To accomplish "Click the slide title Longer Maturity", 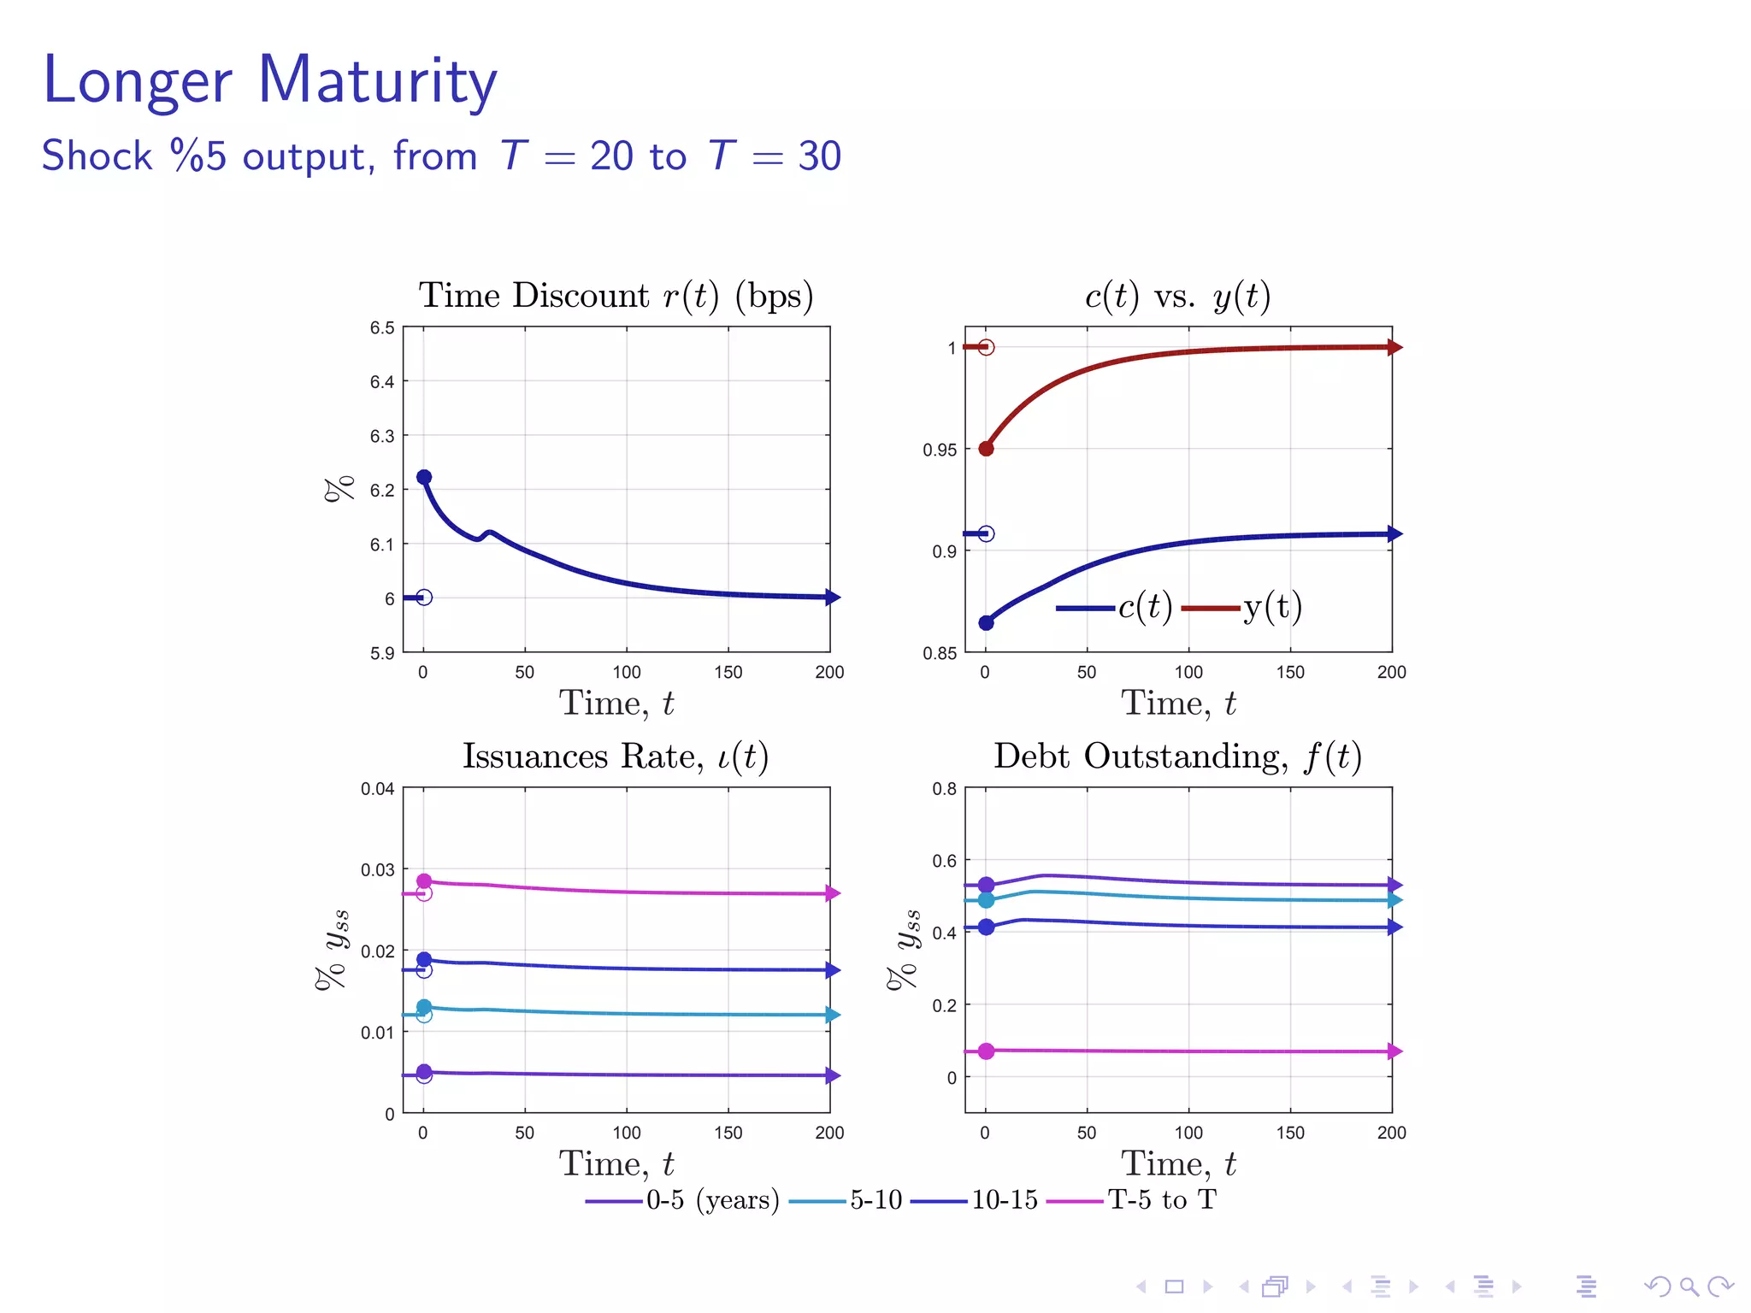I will pos(269,80).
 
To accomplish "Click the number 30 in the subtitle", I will pos(819,156).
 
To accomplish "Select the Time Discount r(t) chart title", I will pos(616,296).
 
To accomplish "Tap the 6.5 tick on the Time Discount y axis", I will pos(382,328).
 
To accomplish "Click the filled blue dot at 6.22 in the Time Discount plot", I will pos(424,477).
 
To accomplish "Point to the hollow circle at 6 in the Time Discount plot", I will pos(424,598).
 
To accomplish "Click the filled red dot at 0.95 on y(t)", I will pos(986,449).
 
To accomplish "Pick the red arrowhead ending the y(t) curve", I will pos(1394,347).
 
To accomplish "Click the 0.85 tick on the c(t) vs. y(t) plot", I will pos(940,654).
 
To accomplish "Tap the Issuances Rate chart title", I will pos(616,757).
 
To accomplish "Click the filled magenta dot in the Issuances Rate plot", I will pos(424,881).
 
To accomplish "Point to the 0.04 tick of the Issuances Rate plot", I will pos(377,789).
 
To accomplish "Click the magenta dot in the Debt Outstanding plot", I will pos(986,1051).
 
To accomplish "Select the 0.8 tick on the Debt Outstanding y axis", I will pos(944,789).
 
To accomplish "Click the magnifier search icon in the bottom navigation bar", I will pos(1689,1287).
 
